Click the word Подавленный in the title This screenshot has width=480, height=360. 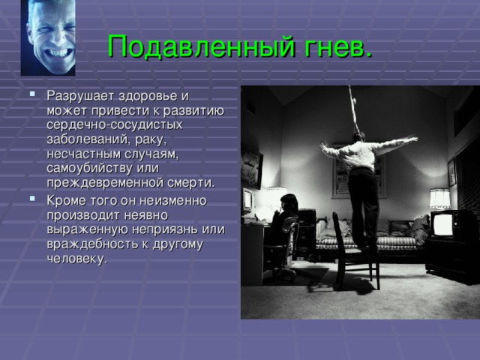[202, 46]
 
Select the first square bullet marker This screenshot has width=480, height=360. [32, 93]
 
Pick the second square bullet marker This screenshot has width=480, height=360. [32, 198]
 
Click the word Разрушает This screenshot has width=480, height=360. [81, 96]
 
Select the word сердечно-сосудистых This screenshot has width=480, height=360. [115, 125]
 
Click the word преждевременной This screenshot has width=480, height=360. [105, 183]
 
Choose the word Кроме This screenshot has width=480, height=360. [67, 201]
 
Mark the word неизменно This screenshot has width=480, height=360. [173, 201]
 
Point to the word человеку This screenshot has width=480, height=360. [77, 259]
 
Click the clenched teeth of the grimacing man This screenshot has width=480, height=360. [60, 53]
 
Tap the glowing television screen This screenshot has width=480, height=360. [442, 225]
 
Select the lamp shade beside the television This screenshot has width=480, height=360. [439, 198]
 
